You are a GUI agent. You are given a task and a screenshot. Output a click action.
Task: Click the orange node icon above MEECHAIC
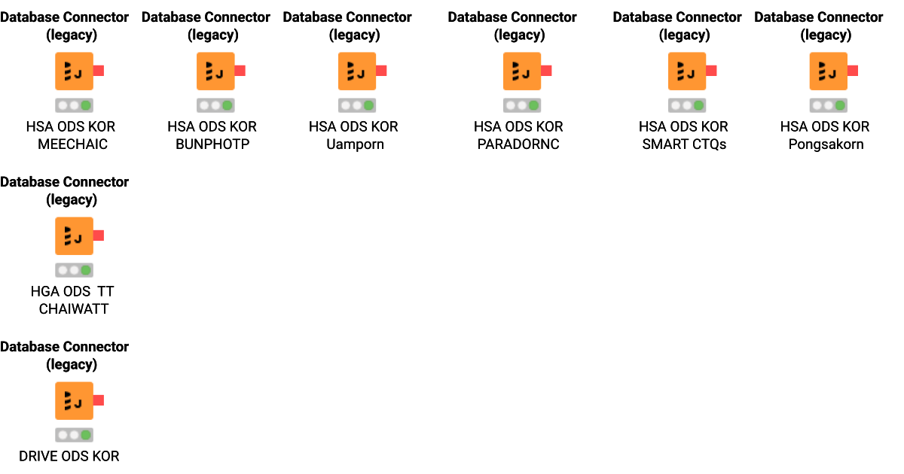point(74,71)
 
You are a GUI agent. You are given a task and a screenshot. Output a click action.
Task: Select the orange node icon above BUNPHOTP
point(215,71)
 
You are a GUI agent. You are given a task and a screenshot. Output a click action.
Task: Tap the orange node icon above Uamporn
point(357,71)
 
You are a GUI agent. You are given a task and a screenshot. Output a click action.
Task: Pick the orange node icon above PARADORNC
point(522,71)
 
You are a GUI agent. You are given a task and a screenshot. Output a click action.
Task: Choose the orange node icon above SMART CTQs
point(687,71)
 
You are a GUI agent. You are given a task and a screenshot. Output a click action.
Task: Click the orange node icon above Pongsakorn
point(829,71)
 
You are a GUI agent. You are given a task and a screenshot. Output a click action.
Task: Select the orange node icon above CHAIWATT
point(74,236)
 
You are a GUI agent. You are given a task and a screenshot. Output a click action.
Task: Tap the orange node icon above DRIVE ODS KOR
point(74,401)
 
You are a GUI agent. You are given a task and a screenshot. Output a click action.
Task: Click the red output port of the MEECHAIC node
point(99,71)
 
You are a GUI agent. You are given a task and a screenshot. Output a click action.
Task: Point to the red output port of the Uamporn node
point(382,71)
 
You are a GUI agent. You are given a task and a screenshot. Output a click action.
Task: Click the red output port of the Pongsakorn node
point(854,71)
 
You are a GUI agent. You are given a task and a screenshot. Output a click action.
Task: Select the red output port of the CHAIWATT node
point(99,235)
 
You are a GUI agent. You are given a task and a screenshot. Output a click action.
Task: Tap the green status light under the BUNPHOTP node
point(228,106)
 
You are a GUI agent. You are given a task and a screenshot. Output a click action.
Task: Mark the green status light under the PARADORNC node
point(534,106)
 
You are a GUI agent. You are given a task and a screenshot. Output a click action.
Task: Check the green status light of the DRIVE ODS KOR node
point(86,436)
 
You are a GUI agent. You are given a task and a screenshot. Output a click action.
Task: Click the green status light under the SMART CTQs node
point(699,106)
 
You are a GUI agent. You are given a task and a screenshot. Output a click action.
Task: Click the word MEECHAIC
point(72,144)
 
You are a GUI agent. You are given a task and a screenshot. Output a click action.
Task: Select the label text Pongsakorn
point(826,144)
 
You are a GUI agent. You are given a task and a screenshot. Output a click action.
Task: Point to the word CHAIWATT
point(74,309)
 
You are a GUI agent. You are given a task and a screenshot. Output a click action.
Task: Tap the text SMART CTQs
point(684,144)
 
